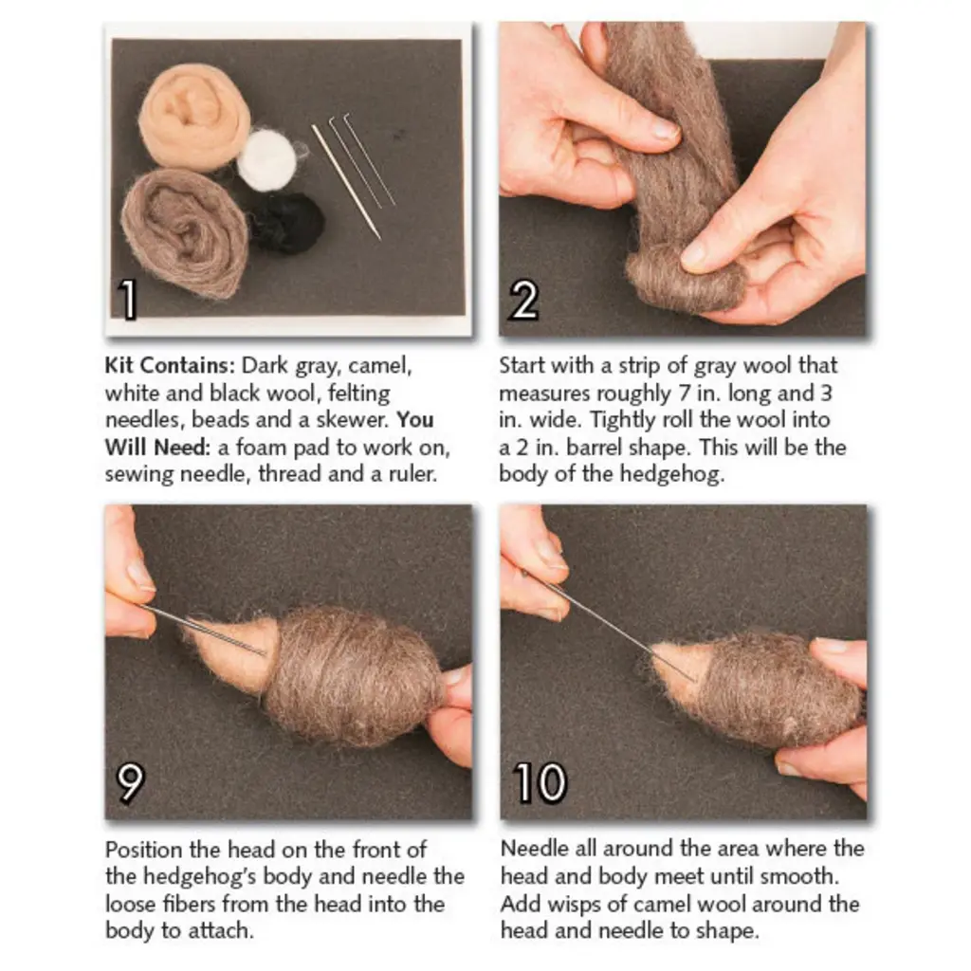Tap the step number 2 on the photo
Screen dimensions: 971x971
pyautogui.click(x=523, y=300)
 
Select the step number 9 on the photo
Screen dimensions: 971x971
pyautogui.click(x=131, y=783)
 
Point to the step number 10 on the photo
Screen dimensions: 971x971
pyautogui.click(x=540, y=783)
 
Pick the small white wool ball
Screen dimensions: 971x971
pyautogui.click(x=266, y=159)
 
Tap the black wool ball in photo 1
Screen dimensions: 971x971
pyautogui.click(x=287, y=222)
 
